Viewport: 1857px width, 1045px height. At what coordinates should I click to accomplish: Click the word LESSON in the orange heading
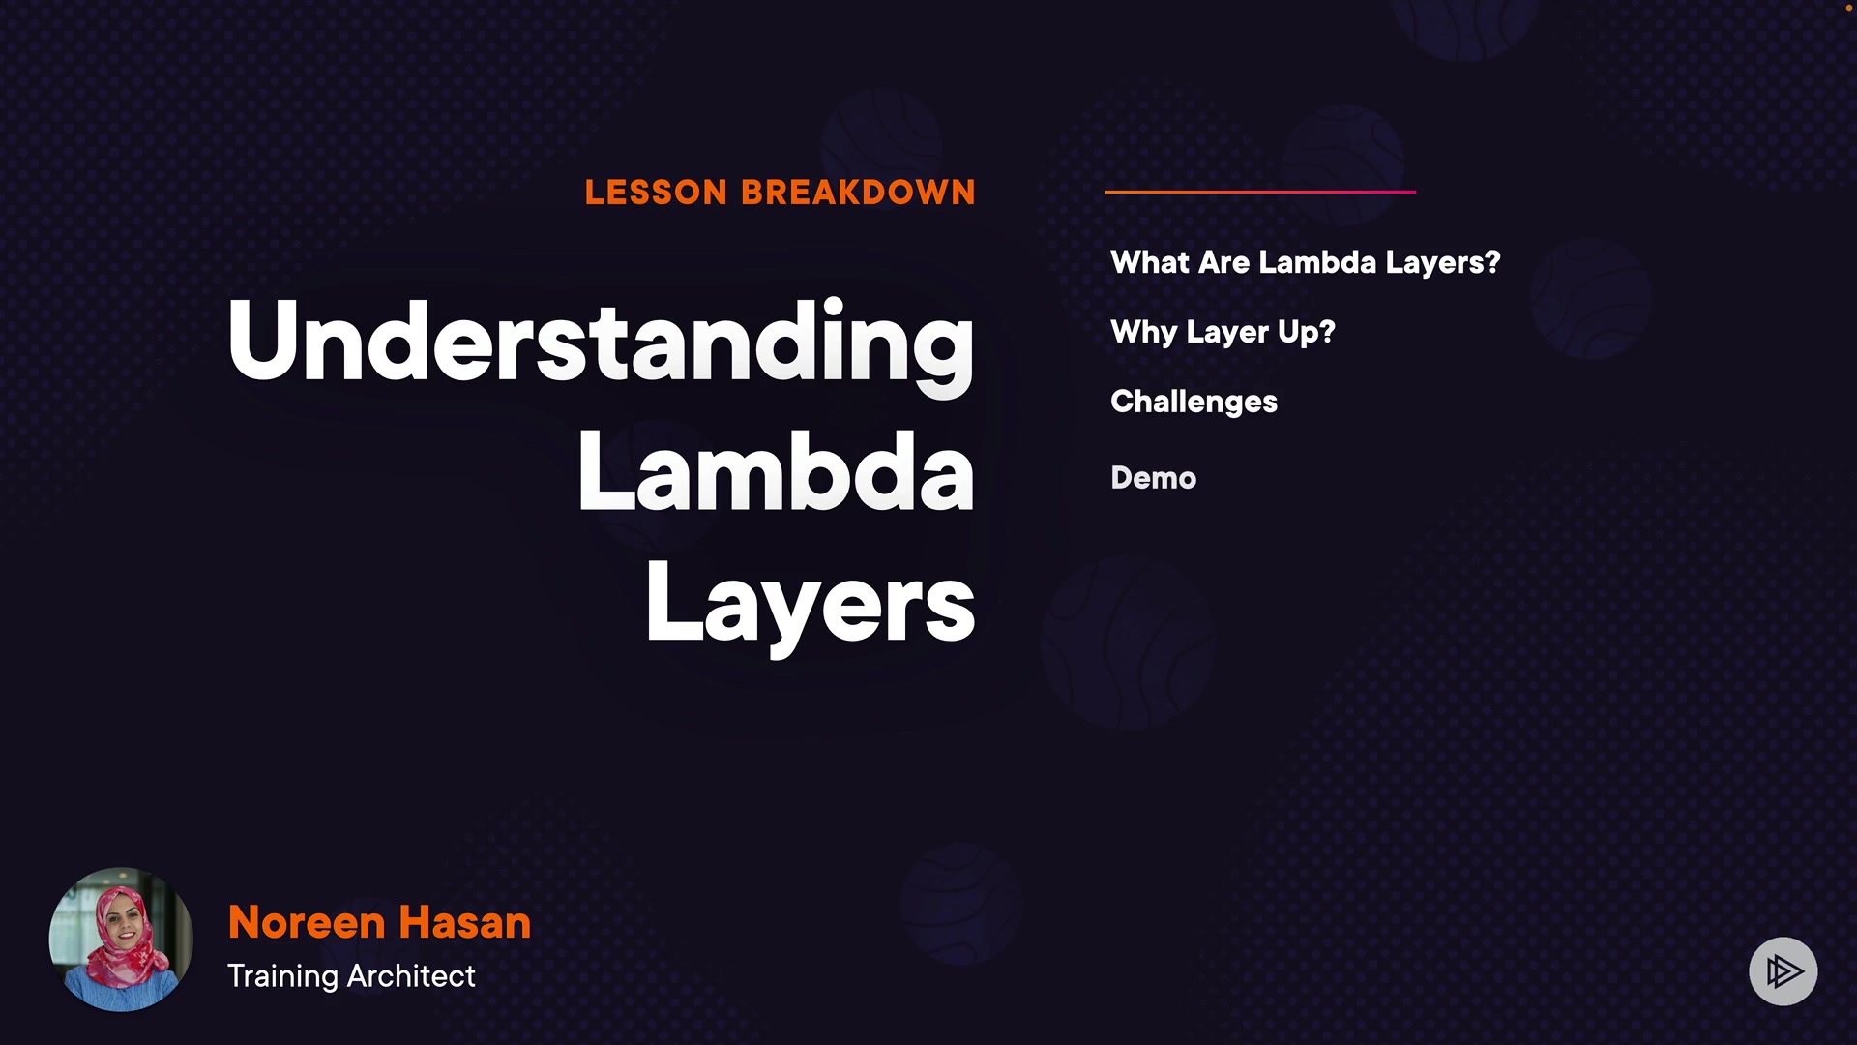tap(656, 193)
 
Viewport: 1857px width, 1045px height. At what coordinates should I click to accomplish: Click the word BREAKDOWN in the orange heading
tap(859, 193)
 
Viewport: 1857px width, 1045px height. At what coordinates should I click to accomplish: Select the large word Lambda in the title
tap(776, 471)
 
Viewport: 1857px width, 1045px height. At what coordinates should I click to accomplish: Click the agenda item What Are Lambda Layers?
tap(1306, 263)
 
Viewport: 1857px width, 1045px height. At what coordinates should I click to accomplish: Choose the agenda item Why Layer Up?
tap(1223, 333)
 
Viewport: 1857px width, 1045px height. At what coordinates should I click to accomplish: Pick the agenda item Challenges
tap(1194, 403)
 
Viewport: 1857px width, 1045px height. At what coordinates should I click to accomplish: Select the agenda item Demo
tap(1154, 478)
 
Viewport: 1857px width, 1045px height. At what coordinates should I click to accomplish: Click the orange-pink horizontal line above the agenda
tap(1260, 192)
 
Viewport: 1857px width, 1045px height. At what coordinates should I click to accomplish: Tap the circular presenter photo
tap(121, 940)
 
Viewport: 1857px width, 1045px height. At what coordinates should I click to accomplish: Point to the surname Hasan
tap(465, 923)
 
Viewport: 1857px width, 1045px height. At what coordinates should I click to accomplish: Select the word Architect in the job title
tap(411, 975)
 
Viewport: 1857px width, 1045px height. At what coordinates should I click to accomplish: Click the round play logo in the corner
tap(1783, 971)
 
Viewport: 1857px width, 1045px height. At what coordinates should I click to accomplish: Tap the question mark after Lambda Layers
tap(1491, 262)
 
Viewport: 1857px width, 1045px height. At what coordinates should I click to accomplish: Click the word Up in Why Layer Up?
tap(1298, 333)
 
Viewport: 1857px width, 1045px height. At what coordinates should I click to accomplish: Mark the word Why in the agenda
tap(1144, 333)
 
